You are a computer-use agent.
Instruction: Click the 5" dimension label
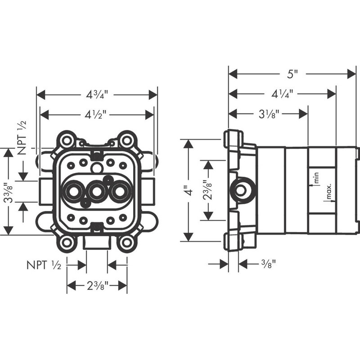point(292,74)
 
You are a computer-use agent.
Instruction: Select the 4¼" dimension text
point(282,94)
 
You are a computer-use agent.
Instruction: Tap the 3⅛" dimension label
point(269,114)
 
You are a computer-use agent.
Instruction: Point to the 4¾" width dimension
point(97,94)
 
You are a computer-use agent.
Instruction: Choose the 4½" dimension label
point(96,115)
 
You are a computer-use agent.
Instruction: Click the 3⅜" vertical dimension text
point(8,193)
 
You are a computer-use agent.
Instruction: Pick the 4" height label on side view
point(189,190)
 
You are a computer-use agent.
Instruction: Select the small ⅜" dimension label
point(268,264)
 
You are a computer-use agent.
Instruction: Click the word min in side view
point(316,177)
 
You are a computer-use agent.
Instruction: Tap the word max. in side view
point(329,191)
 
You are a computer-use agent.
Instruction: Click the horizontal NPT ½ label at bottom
point(44,265)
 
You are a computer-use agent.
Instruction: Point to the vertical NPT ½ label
point(22,138)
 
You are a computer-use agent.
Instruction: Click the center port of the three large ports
point(96,192)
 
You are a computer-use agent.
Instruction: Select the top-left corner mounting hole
point(67,140)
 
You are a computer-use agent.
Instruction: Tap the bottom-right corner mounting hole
point(126,243)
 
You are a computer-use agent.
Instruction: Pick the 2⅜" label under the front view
point(97,286)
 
